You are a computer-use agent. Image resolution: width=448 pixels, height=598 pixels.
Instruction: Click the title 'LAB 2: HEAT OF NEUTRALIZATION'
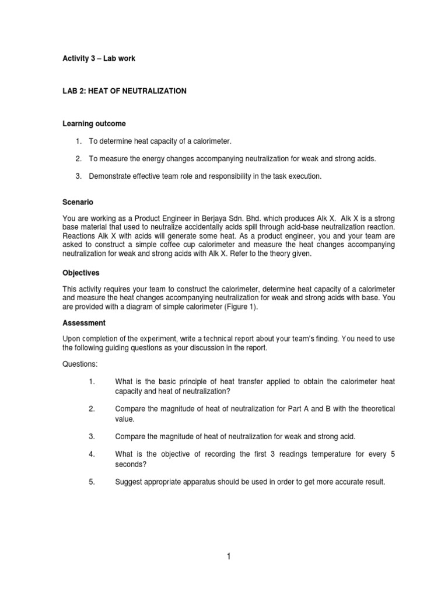click(124, 91)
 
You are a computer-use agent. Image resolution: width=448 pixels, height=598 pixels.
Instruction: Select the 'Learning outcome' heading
click(94, 124)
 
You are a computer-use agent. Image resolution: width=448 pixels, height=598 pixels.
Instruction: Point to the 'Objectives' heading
click(80, 272)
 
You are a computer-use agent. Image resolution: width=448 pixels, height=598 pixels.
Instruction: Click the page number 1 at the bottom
click(229, 557)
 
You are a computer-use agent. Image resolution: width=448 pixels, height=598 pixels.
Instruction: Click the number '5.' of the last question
click(92, 482)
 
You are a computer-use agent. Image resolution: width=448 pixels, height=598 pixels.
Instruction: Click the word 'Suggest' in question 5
click(128, 482)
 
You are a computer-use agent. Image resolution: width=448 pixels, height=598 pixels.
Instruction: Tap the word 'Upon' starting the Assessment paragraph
click(71, 338)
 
